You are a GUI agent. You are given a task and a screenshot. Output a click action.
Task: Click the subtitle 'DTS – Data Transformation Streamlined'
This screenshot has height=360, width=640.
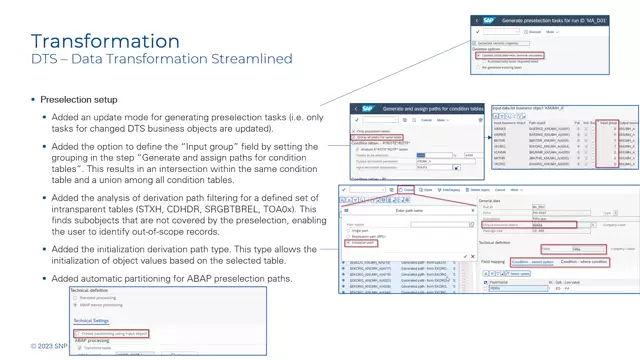[x=161, y=60]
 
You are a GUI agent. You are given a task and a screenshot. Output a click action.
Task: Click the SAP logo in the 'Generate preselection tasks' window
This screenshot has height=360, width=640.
[x=488, y=20]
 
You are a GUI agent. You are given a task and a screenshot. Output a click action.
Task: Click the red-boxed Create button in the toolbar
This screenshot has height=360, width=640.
[x=405, y=189]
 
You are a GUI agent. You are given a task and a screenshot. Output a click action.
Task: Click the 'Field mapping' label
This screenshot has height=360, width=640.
[x=486, y=262]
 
